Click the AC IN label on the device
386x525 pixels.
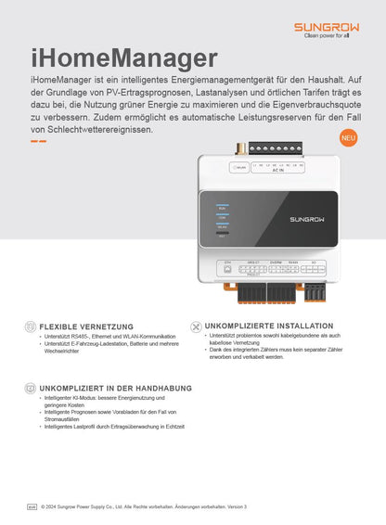coord(277,171)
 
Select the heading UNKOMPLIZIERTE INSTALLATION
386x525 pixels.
coord(268,326)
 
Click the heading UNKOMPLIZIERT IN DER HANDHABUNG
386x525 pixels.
coord(115,388)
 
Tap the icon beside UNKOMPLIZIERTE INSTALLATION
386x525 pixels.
coord(195,327)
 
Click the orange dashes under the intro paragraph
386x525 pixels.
coord(39,141)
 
